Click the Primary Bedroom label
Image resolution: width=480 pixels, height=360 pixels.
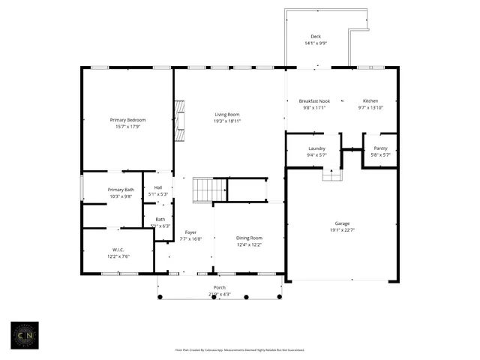pos(127,120)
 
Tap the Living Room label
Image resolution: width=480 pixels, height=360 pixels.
pos(227,114)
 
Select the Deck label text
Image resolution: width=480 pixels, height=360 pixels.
pos(316,37)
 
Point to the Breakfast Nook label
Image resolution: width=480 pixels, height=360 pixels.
pos(314,101)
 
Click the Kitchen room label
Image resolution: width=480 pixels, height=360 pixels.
pos(371,101)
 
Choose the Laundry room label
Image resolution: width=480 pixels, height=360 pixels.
pos(316,148)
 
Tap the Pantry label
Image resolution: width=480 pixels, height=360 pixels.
pos(380,148)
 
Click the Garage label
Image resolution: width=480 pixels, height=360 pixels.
pos(342,223)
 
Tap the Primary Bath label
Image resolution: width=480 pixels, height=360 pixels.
pos(121,190)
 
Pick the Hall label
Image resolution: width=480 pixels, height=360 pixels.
pos(158,187)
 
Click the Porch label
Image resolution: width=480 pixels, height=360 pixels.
pos(220,288)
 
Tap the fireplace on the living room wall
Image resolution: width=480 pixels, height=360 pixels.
pos(178,121)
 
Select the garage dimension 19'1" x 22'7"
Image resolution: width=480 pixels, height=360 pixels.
pos(342,230)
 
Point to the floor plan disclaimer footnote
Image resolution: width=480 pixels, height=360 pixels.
pos(239,349)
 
